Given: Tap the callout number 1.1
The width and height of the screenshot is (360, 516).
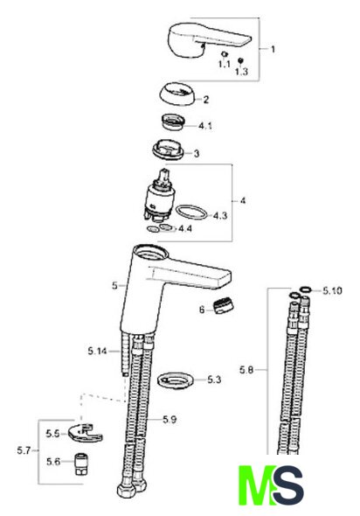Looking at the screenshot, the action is (224, 64).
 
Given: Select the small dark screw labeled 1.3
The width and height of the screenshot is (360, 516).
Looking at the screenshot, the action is (240, 60).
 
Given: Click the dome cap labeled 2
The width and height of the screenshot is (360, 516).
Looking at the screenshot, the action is (177, 94).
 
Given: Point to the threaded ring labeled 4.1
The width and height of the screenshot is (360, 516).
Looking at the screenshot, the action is (173, 122).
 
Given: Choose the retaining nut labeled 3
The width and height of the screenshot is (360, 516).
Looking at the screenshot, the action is (168, 150).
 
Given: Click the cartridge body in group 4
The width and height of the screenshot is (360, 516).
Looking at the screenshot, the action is (158, 197).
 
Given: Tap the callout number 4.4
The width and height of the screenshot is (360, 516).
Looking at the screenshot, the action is (185, 228).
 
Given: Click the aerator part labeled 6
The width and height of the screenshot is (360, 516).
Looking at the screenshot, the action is (224, 306).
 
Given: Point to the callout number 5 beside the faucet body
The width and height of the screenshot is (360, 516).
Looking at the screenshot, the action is (114, 285).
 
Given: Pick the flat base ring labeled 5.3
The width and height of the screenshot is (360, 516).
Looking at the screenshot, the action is (176, 380).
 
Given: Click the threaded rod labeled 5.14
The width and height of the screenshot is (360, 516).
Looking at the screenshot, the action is (125, 353).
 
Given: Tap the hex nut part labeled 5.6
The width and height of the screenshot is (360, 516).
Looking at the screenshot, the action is (79, 464).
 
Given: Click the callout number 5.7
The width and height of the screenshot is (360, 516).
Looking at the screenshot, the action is (24, 450).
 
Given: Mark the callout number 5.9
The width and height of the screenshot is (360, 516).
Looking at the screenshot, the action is (170, 420).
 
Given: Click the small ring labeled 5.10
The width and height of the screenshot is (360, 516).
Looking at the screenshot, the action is (306, 289).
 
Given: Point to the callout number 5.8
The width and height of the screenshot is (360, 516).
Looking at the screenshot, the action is (246, 370).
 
